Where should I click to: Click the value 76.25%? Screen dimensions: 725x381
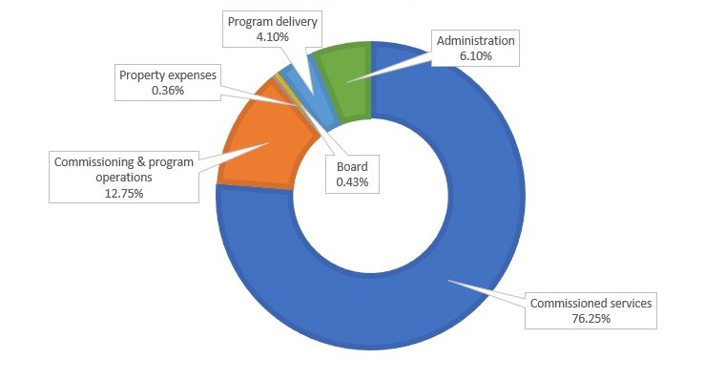tap(590, 319)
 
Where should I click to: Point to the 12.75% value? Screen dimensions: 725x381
tap(124, 194)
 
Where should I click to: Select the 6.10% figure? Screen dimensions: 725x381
tap(476, 56)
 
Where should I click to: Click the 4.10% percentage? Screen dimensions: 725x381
tap(273, 37)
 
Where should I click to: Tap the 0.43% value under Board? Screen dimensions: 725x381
tap(352, 182)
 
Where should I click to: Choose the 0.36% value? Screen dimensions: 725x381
tap(168, 91)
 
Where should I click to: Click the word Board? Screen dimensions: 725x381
tap(352, 167)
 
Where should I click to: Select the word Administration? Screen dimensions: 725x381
tap(476, 41)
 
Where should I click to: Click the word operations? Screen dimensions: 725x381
tap(124, 178)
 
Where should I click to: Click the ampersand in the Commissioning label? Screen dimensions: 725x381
tap(141, 162)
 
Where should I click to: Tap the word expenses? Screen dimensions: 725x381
tap(192, 76)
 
